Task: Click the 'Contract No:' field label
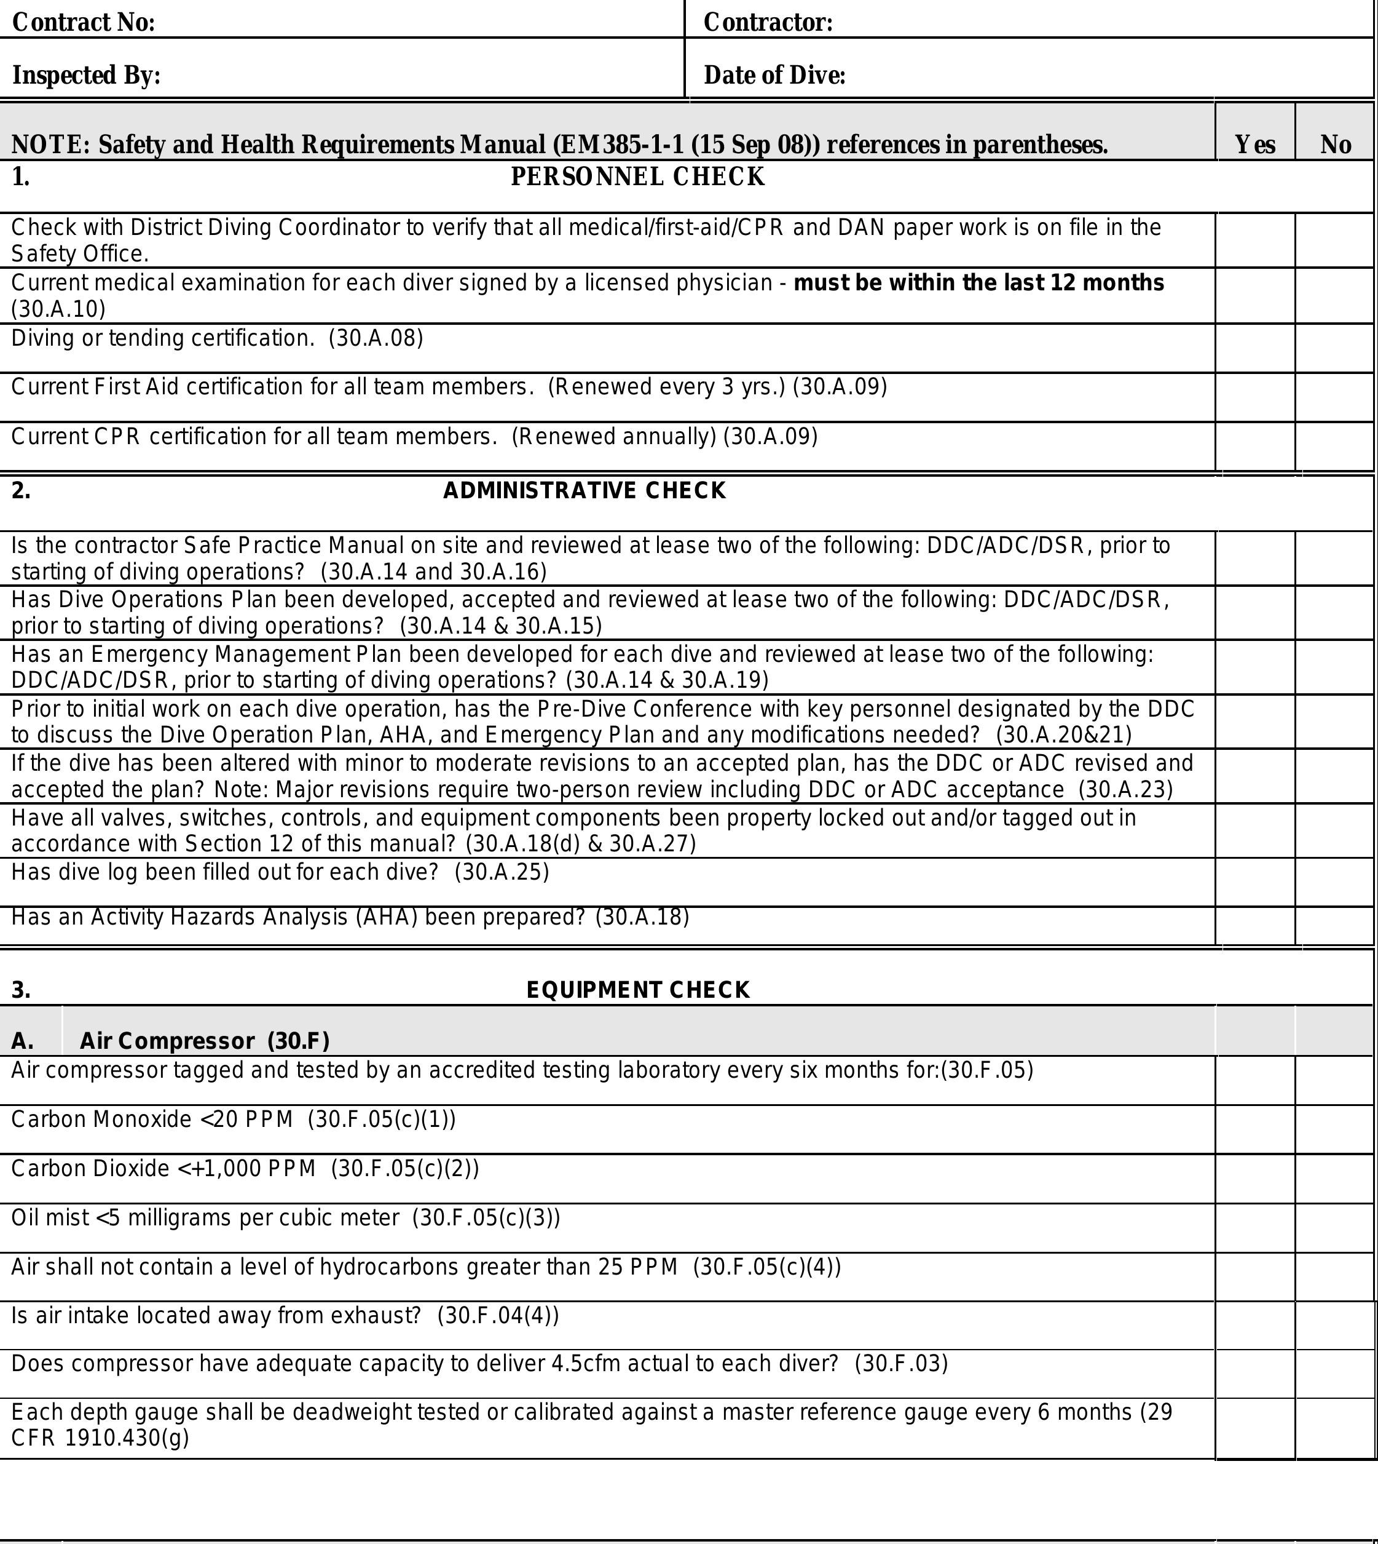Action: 84,23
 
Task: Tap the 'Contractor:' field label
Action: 768,23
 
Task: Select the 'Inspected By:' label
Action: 86,75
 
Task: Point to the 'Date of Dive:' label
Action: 774,75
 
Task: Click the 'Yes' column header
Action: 1254,144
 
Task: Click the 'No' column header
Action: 1335,144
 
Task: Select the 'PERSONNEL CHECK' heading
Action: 637,177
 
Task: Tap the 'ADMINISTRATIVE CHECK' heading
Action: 584,491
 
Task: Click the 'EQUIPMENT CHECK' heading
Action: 637,989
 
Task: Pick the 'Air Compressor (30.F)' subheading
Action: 205,1041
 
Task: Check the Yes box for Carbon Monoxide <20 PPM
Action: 1254,1129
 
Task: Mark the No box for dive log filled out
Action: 1335,882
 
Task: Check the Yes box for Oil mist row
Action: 1254,1228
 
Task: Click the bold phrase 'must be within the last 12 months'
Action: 978,282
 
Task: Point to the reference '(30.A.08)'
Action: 376,338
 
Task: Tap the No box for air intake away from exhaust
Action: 1335,1326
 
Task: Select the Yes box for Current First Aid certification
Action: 1254,397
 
